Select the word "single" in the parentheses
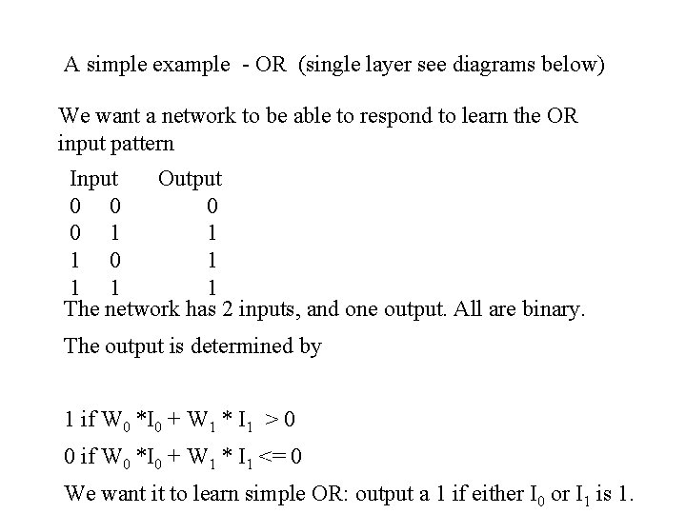[333, 66]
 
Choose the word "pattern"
[143, 144]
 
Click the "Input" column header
[93, 178]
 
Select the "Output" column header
[190, 178]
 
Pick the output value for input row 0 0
[212, 206]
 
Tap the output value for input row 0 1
[212, 233]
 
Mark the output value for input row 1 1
[212, 287]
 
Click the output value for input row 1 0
[212, 260]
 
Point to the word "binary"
[553, 309]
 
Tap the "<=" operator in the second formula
[273, 457]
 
